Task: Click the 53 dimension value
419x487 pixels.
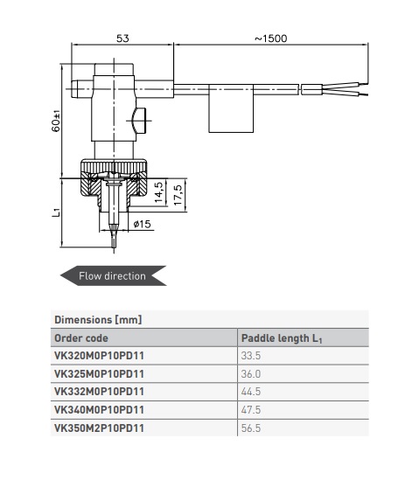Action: coord(122,38)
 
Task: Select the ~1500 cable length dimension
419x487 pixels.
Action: coord(271,38)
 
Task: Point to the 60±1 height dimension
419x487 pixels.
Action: coord(56,122)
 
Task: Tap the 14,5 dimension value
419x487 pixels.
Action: coord(158,192)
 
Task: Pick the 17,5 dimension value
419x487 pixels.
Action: coord(178,195)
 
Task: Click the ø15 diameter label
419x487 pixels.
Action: coord(142,224)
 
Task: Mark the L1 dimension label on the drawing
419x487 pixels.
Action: coord(56,212)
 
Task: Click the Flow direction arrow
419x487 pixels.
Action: coord(113,275)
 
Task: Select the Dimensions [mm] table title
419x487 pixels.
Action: coord(98,320)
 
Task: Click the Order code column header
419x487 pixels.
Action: coord(81,337)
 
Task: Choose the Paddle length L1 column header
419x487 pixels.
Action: coord(282,338)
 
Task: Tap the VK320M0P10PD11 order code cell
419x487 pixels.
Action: coord(99,356)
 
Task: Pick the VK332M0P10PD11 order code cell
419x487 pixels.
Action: coord(99,392)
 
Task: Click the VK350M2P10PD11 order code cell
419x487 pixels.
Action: coord(99,428)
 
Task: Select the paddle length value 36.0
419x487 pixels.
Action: coord(251,373)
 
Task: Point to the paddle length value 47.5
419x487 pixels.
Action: coord(251,410)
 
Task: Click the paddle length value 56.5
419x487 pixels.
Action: coord(251,428)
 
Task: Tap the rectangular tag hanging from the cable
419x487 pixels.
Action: coord(231,108)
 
